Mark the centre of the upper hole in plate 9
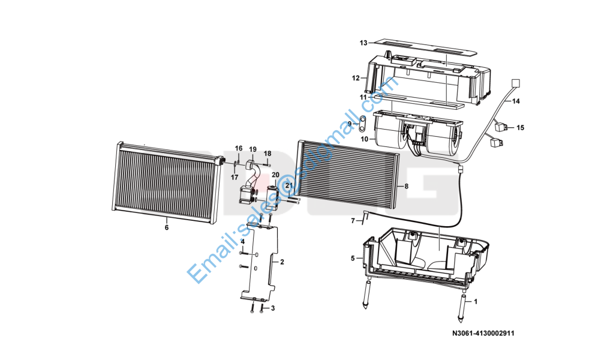(x=362, y=120)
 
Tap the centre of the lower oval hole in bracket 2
(x=256, y=268)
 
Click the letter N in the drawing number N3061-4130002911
(x=455, y=334)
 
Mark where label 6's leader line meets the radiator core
(x=166, y=217)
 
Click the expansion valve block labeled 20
(x=273, y=198)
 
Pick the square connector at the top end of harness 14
(x=516, y=83)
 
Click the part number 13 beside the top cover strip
(x=363, y=43)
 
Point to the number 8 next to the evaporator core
(x=406, y=186)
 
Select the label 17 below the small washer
(x=235, y=178)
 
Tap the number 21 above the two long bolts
(x=289, y=185)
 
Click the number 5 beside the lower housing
(x=353, y=259)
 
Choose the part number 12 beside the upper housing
(x=356, y=78)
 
